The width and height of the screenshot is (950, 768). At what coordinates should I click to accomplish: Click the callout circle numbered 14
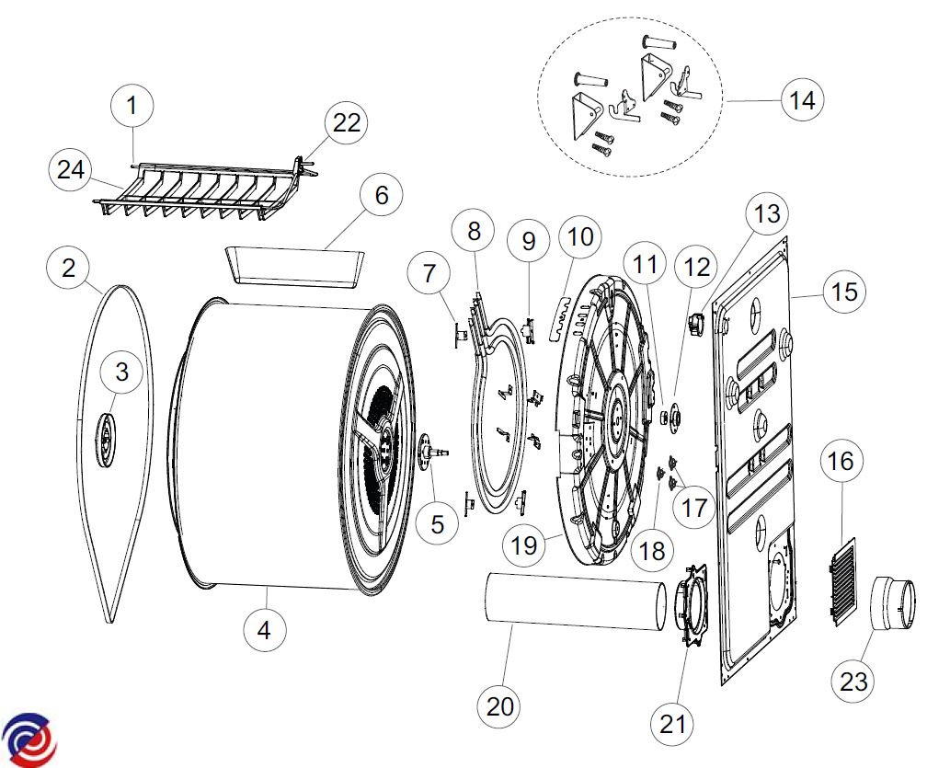(x=803, y=100)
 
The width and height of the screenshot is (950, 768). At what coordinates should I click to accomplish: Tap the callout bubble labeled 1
(x=132, y=106)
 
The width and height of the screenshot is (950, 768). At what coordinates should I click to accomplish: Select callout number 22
(x=346, y=123)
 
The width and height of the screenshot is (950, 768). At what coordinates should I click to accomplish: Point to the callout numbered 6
(x=382, y=195)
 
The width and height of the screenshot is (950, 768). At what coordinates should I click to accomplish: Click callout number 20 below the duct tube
(x=501, y=706)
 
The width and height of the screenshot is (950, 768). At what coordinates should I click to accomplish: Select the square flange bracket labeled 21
(x=692, y=607)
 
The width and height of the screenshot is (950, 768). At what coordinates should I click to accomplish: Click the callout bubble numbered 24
(x=70, y=169)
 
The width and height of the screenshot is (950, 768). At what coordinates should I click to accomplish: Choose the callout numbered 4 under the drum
(x=265, y=631)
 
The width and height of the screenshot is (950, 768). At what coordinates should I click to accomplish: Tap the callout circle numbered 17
(x=695, y=507)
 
